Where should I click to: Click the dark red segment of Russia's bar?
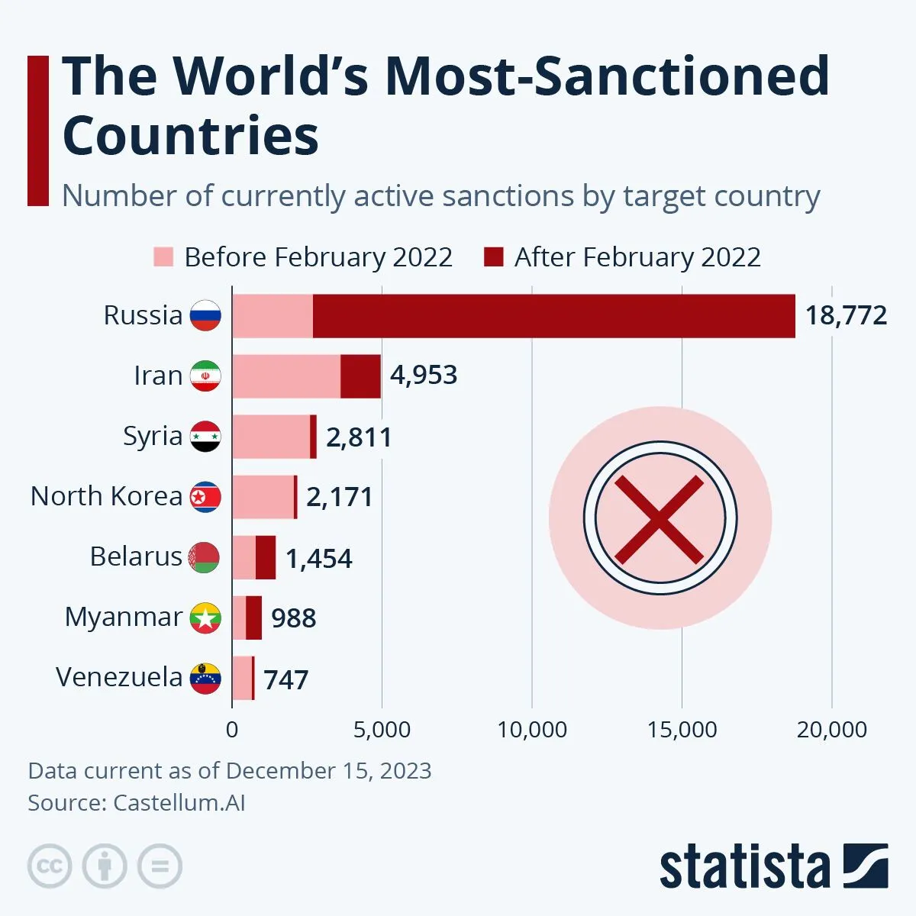(x=553, y=315)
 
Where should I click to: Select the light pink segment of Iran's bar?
(x=286, y=376)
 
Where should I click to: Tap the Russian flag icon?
(x=205, y=315)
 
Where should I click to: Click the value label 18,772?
(x=846, y=315)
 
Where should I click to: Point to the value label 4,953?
(x=424, y=376)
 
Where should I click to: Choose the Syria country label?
(x=153, y=436)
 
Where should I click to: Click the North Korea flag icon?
(x=205, y=497)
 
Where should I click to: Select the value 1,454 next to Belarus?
(x=319, y=559)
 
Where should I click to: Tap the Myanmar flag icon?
(x=205, y=618)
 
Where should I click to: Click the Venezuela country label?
(x=119, y=677)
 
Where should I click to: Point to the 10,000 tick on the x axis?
(x=532, y=730)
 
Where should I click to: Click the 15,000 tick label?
(x=682, y=730)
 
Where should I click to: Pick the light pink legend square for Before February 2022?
(x=163, y=257)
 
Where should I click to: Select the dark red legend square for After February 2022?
(x=494, y=257)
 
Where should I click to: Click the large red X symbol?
(x=660, y=518)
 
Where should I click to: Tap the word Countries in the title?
(x=191, y=136)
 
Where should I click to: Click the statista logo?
(x=773, y=866)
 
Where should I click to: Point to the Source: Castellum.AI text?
(x=137, y=803)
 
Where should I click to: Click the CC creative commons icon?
(x=50, y=866)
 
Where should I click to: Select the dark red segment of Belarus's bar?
(x=266, y=557)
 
